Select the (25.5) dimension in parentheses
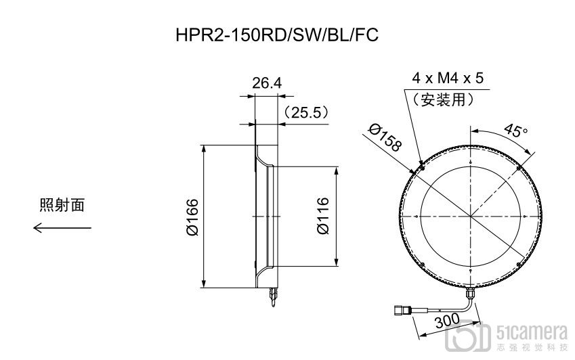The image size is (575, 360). [306, 112]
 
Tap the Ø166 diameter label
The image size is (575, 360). [192, 217]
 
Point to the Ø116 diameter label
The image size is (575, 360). [323, 216]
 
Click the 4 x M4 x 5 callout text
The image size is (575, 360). [448, 78]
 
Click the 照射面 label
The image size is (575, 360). [62, 205]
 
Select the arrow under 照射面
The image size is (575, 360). [62, 228]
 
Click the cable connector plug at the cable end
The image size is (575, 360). [401, 311]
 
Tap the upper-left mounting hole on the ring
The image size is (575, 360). [422, 165]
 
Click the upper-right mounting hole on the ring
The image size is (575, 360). [518, 165]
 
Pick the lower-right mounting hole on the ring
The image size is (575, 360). [518, 264]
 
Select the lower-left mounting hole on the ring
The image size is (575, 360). [422, 264]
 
